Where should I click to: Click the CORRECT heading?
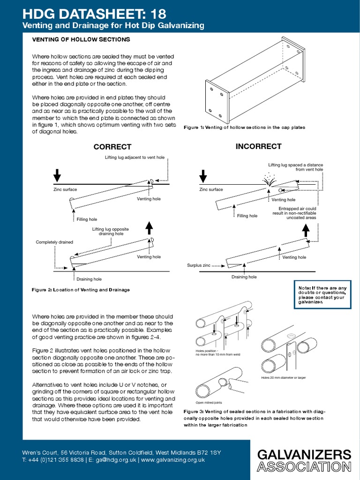click(112, 147)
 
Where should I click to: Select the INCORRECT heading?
click(258, 146)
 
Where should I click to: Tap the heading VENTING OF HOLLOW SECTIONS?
click(81, 40)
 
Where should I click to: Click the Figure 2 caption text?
click(81, 290)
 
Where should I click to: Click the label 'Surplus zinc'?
click(197, 265)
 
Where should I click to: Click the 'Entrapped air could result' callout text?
click(297, 213)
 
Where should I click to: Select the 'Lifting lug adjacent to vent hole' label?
click(135, 157)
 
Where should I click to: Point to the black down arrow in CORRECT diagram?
click(57, 175)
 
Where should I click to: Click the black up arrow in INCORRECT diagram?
click(306, 230)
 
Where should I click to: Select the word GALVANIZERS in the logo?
click(304, 454)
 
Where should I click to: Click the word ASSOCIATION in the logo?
click(304, 467)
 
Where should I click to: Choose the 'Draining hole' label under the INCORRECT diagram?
click(244, 277)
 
